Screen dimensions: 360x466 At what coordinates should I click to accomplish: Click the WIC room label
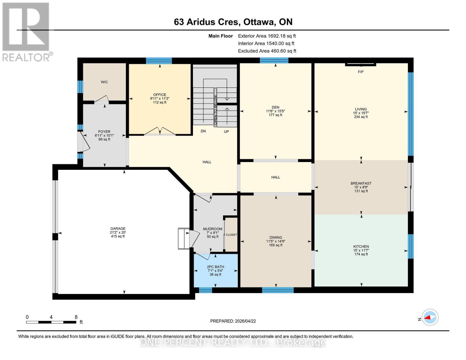[104, 82]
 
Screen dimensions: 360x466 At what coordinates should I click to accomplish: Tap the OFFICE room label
[160, 94]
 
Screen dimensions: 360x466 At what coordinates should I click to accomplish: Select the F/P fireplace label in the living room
[361, 72]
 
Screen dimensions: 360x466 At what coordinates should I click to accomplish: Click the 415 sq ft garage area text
[118, 236]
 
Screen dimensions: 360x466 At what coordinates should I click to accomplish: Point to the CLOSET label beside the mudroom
[231, 235]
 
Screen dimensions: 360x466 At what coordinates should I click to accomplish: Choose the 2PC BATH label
[215, 267]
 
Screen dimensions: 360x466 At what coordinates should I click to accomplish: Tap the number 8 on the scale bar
[76, 317]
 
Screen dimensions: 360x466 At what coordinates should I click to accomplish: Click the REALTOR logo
[26, 31]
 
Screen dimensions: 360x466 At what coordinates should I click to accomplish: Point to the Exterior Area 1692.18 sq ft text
[267, 36]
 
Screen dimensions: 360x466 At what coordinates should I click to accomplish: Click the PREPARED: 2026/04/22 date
[233, 321]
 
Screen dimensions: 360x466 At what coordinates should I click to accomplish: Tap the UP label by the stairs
[226, 131]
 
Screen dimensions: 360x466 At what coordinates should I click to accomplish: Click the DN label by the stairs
[203, 131]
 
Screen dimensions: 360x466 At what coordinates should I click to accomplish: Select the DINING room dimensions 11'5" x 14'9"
[275, 241]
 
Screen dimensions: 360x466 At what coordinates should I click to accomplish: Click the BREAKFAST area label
[361, 183]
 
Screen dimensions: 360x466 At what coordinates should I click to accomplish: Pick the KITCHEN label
[361, 246]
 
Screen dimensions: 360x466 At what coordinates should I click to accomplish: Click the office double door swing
[160, 131]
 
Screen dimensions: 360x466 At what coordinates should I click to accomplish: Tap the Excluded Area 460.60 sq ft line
[267, 51]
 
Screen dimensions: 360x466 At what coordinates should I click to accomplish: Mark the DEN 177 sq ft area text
[275, 115]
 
